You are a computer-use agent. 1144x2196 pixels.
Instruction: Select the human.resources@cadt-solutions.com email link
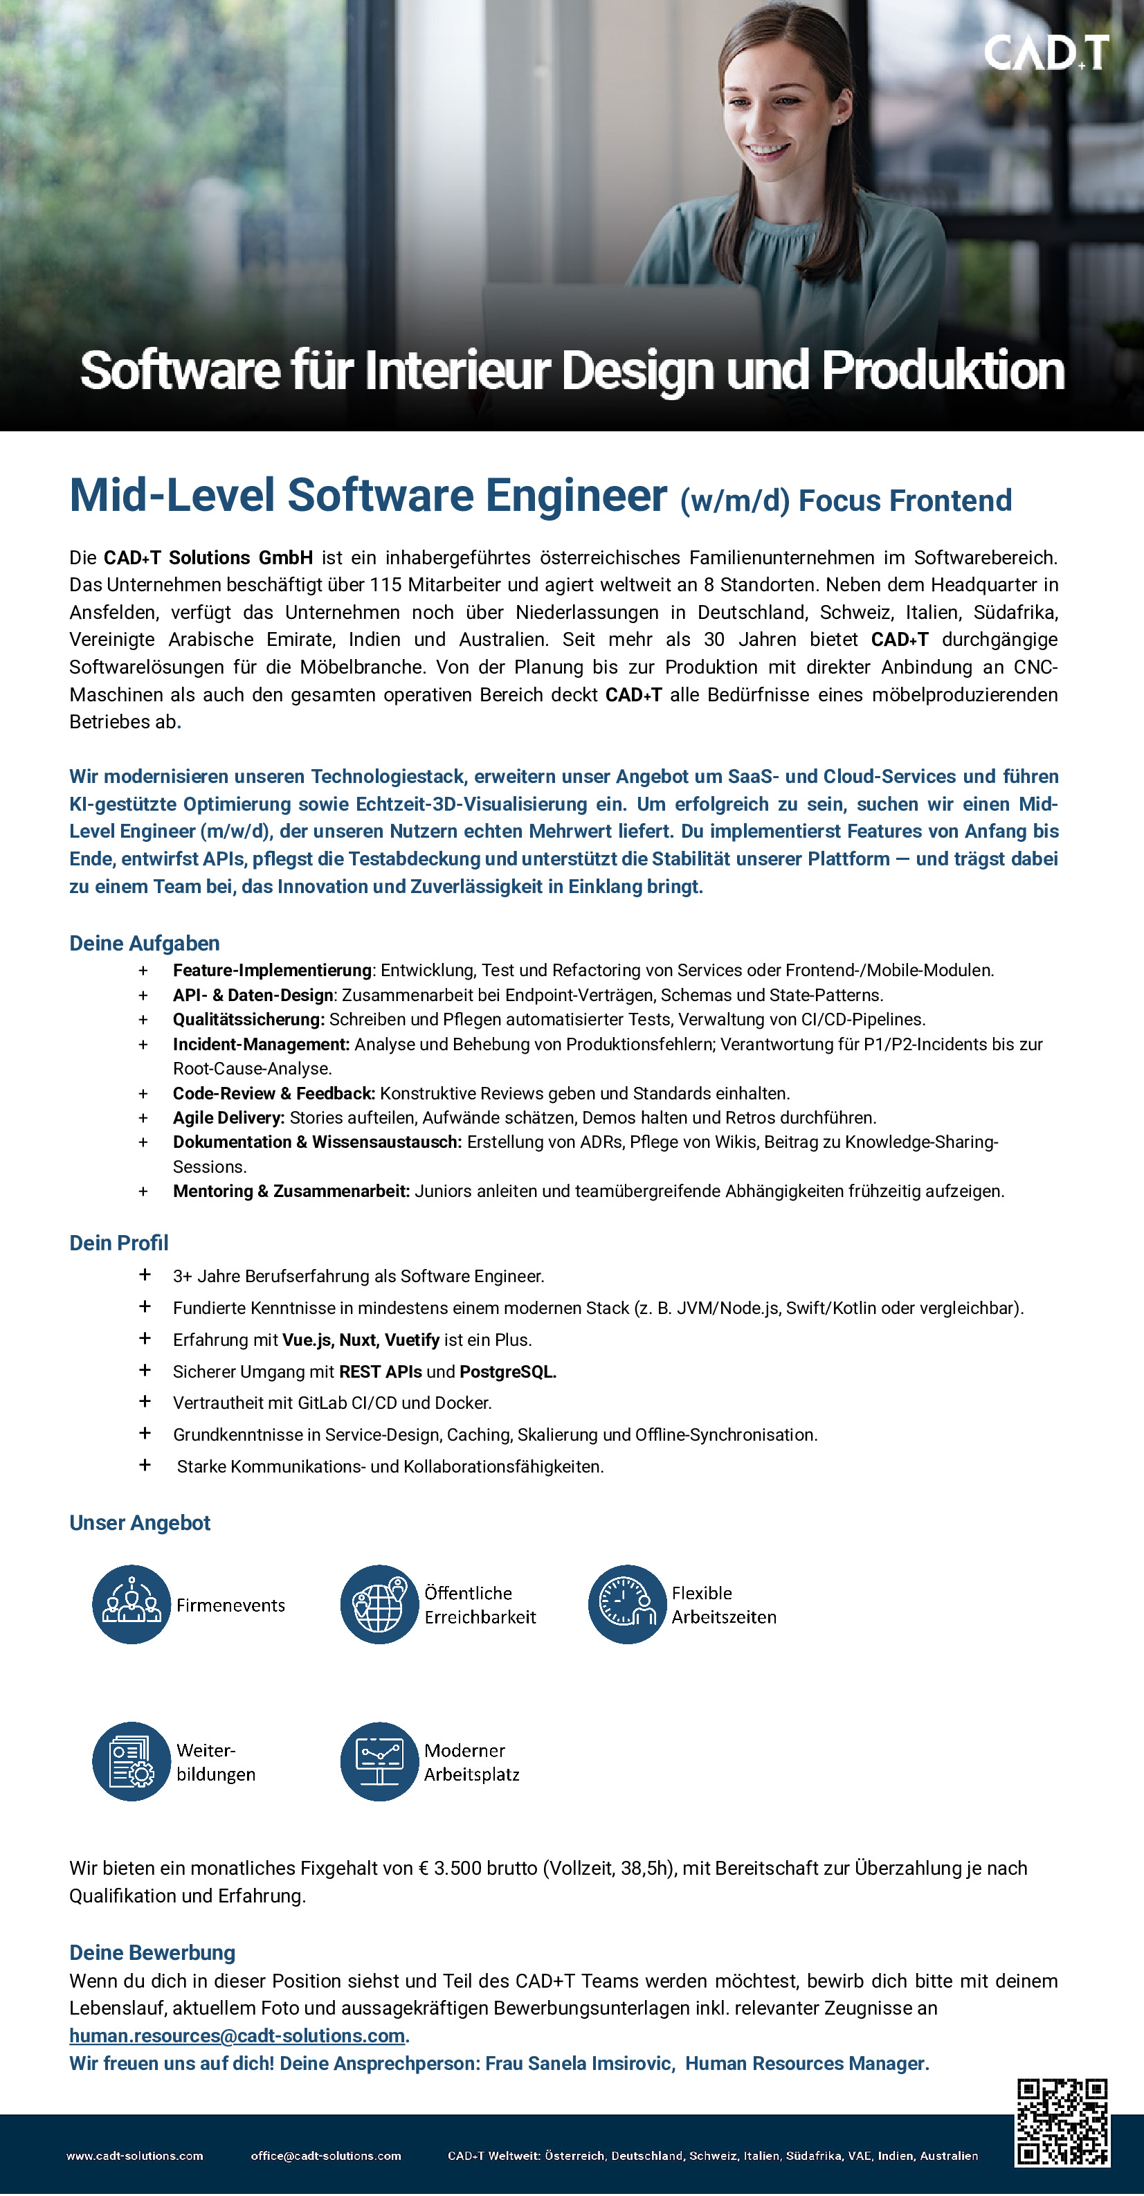pyautogui.click(x=237, y=2036)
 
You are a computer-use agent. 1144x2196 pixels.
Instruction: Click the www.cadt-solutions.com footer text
pyautogui.click(x=135, y=2156)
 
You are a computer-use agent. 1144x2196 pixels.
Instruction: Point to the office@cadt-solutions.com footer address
pyautogui.click(x=326, y=2156)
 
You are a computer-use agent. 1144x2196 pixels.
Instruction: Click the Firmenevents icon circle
pyautogui.click(x=131, y=1604)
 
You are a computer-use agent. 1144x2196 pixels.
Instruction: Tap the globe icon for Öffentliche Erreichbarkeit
pyautogui.click(x=379, y=1604)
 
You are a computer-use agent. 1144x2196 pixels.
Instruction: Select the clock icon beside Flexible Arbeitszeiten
pyautogui.click(x=626, y=1604)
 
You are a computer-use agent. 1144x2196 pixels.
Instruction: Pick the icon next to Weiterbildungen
pyautogui.click(x=131, y=1761)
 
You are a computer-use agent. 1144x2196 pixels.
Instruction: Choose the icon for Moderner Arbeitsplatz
pyautogui.click(x=379, y=1761)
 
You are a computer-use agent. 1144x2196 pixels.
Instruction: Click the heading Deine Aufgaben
pyautogui.click(x=144, y=943)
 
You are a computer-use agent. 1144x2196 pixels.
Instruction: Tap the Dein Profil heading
pyautogui.click(x=118, y=1243)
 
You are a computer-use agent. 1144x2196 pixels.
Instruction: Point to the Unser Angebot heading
pyautogui.click(x=140, y=1522)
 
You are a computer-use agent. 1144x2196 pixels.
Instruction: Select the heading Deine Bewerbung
pyautogui.click(x=152, y=1952)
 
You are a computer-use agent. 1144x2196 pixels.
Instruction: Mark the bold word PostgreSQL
pyautogui.click(x=507, y=1371)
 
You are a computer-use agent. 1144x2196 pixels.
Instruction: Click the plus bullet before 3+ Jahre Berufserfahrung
pyautogui.click(x=145, y=1275)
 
